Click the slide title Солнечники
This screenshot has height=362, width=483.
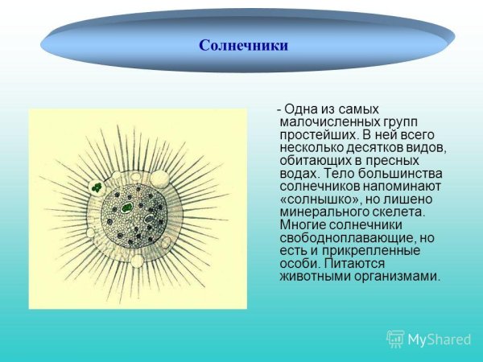(243, 45)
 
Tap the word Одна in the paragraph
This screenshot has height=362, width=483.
(299, 109)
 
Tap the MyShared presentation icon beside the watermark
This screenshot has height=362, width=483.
(395, 339)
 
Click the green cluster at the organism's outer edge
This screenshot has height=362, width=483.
(97, 187)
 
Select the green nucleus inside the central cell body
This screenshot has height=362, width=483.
(127, 208)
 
